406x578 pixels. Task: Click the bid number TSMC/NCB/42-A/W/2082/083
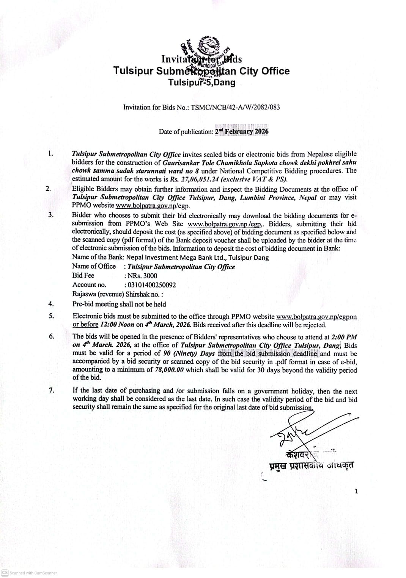pos(235,107)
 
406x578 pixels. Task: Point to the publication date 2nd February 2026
pos(242,132)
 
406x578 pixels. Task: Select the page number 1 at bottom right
pos(356,492)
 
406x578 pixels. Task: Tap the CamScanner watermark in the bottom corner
pos(30,573)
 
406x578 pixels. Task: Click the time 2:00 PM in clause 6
pos(344,337)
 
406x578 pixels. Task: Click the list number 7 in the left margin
pos(51,391)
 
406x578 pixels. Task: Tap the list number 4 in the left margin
pos(51,304)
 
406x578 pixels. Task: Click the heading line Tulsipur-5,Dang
pos(201,82)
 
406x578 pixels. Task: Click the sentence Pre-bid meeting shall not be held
pos(119,304)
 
